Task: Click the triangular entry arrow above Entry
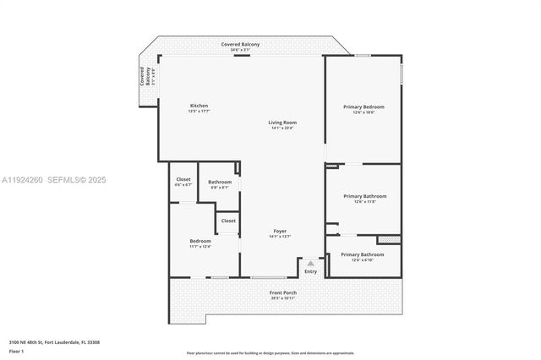coord(310,264)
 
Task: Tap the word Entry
coord(310,271)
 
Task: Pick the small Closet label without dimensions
coord(228,221)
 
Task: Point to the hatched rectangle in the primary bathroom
coord(388,240)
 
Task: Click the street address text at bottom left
coord(54,341)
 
